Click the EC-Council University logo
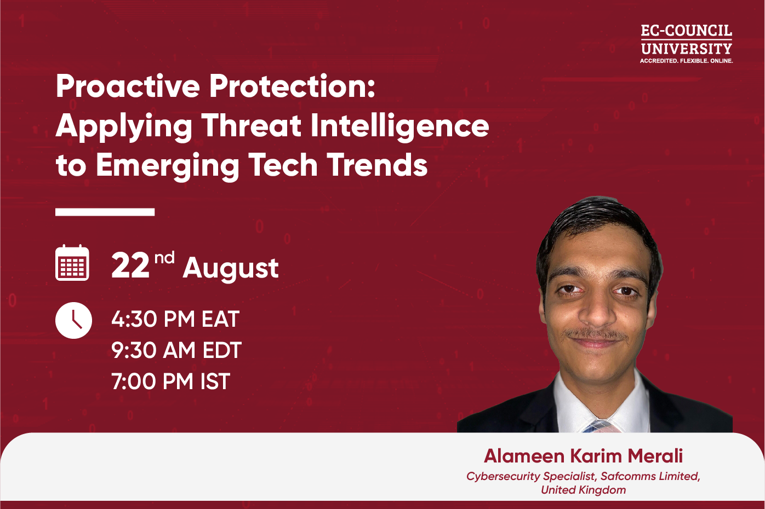pyautogui.click(x=687, y=44)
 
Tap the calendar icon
pyautogui.click(x=72, y=263)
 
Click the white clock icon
pyautogui.click(x=73, y=320)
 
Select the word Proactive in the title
pyautogui.click(x=128, y=86)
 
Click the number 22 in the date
pyautogui.click(x=130, y=266)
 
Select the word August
pyautogui.click(x=231, y=269)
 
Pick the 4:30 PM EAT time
pyautogui.click(x=175, y=319)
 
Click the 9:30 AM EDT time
pyautogui.click(x=176, y=350)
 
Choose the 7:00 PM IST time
pyautogui.click(x=171, y=381)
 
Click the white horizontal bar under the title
pyautogui.click(x=105, y=212)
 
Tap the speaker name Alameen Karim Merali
pyautogui.click(x=583, y=456)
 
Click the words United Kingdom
pyautogui.click(x=583, y=490)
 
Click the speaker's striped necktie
pyautogui.click(x=598, y=426)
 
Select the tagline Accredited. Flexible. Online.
pyautogui.click(x=687, y=61)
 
